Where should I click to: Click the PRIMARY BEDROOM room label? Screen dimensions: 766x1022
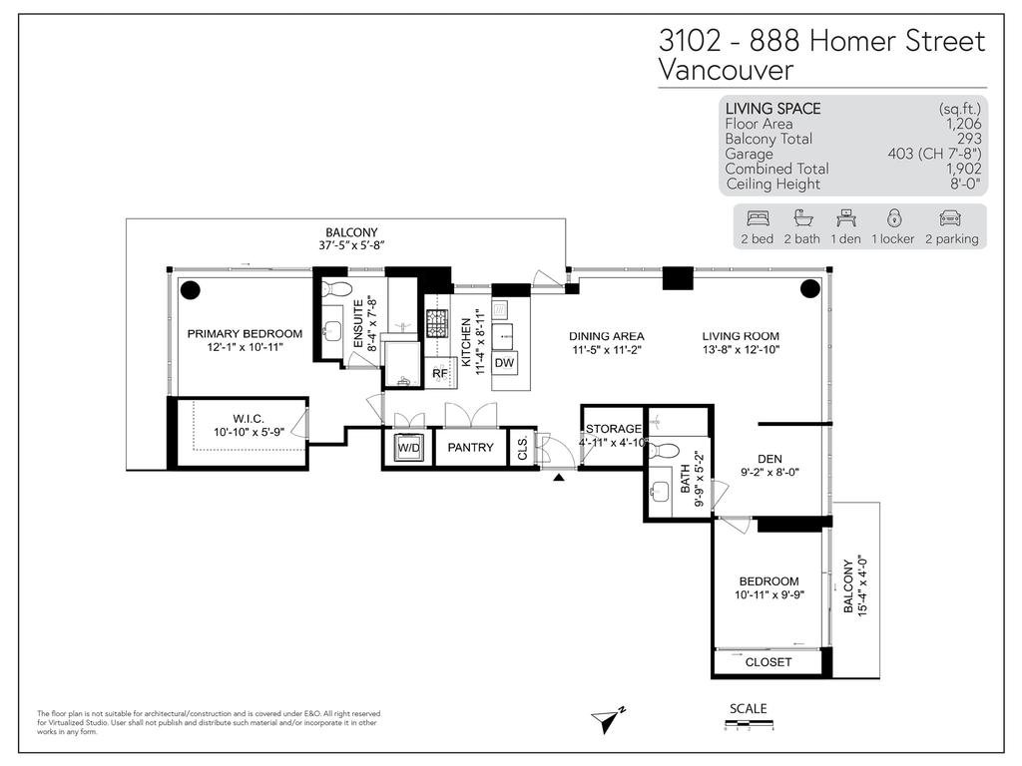click(245, 333)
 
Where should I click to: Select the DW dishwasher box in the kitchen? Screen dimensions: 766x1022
click(504, 363)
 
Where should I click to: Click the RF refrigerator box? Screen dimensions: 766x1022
click(439, 373)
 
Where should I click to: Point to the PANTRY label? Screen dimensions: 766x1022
click(470, 448)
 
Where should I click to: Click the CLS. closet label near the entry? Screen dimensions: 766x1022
click(522, 448)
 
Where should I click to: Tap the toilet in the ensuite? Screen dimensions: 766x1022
click(337, 289)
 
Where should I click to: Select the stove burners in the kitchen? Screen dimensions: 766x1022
click(437, 323)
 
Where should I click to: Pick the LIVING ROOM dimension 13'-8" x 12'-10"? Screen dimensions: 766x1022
click(740, 351)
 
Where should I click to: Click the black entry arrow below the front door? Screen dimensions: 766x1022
click(559, 478)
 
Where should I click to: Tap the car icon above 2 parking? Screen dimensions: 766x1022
click(949, 217)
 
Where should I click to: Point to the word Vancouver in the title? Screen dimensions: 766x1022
click(727, 71)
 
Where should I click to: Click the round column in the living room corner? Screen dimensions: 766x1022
click(809, 289)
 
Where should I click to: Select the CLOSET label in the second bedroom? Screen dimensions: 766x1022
click(768, 662)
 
